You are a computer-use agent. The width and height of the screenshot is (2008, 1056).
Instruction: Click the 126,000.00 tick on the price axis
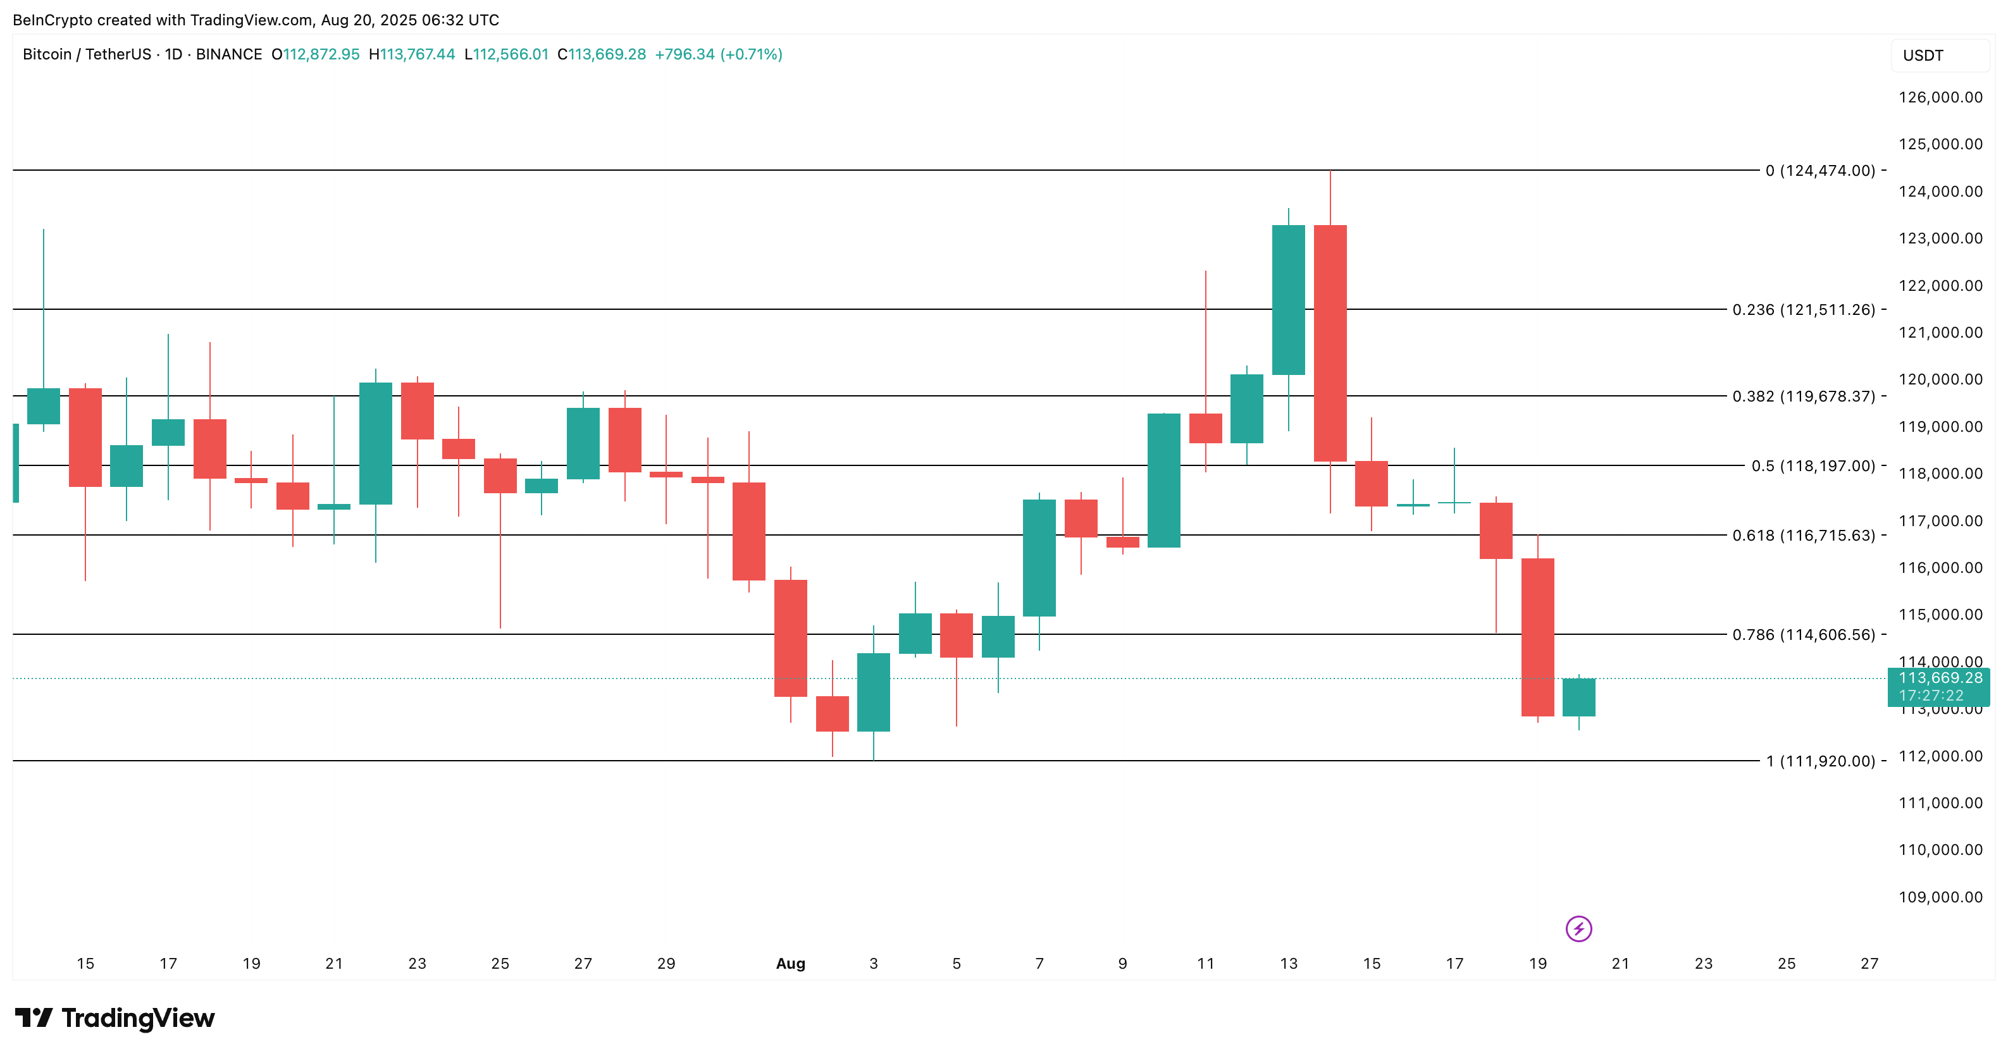(x=1940, y=97)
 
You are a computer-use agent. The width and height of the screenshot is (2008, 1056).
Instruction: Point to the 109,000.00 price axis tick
(x=1940, y=897)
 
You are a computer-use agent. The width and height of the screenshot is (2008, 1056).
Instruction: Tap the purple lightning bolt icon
(x=1578, y=929)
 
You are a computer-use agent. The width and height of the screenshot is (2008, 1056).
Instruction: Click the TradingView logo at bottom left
(x=115, y=1018)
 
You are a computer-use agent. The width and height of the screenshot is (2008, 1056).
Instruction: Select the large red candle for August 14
(x=1330, y=343)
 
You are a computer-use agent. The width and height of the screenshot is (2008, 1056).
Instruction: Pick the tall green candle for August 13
(x=1289, y=300)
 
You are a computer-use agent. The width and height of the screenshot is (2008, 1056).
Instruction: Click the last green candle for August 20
(x=1578, y=697)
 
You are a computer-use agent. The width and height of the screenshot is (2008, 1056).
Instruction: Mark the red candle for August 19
(x=1537, y=637)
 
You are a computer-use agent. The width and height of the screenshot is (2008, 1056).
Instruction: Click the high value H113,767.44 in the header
(x=412, y=54)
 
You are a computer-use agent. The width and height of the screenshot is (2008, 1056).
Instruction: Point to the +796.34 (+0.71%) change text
(x=718, y=54)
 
